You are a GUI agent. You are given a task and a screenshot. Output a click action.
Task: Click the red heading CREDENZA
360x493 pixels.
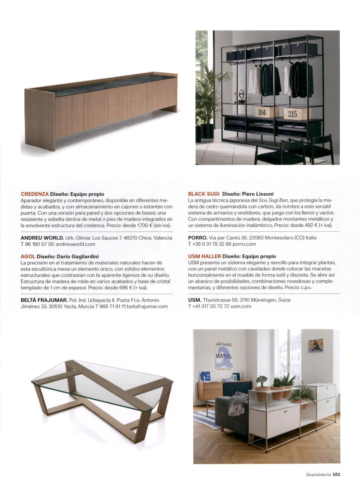click(35, 194)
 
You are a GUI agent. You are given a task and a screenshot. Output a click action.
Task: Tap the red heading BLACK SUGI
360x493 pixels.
click(204, 194)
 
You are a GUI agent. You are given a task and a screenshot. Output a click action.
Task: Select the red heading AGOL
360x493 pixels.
click(28, 256)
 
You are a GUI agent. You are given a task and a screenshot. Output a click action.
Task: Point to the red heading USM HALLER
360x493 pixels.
click(204, 256)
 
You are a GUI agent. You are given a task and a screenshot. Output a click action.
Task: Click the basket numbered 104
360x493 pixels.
click(262, 112)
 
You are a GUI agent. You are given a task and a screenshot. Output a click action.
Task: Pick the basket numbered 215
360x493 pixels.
click(293, 114)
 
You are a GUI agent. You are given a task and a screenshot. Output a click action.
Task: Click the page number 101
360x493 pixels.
click(336, 474)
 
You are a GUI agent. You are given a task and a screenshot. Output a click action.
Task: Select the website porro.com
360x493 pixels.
click(244, 244)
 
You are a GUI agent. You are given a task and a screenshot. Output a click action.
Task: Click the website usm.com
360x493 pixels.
click(241, 306)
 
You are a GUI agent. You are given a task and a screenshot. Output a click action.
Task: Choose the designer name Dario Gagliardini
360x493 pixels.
click(78, 256)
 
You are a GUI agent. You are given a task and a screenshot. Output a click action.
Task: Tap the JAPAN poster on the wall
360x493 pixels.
click(224, 356)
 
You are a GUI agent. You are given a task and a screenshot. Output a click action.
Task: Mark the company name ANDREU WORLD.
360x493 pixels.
click(42, 238)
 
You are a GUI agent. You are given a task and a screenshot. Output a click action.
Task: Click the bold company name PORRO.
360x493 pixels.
click(197, 238)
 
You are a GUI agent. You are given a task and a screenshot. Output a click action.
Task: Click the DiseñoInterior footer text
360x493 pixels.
click(319, 474)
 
